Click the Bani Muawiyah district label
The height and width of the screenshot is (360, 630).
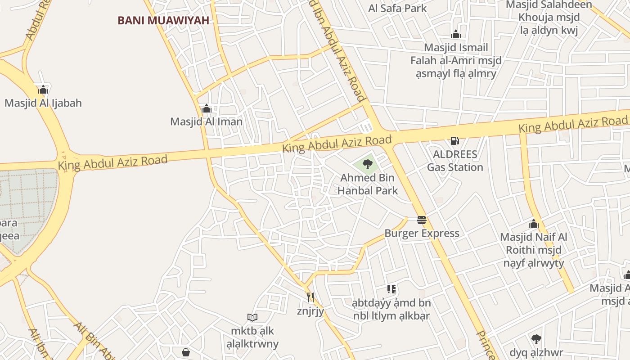coord(163,20)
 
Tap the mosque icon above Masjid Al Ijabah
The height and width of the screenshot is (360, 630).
coord(43,90)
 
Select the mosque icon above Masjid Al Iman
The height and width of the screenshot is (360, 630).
coord(207,108)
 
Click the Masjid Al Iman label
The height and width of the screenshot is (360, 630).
coord(206,121)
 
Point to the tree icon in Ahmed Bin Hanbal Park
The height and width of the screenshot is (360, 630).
coord(368,164)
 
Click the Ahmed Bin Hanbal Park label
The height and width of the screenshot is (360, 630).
coord(368,184)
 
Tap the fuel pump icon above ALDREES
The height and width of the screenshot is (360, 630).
coord(455,141)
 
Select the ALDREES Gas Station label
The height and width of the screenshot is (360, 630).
coord(455,161)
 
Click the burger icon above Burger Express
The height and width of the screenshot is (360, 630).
coord(422,220)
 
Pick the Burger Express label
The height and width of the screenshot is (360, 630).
coord(422,233)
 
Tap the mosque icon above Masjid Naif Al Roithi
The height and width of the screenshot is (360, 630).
coord(534,224)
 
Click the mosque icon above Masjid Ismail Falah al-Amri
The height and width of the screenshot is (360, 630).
coord(456,34)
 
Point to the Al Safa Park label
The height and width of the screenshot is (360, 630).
coord(397,8)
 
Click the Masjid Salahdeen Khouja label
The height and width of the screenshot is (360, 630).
coord(549,18)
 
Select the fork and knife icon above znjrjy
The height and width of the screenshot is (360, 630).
coord(310,297)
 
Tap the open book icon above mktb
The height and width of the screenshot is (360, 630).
coord(252,318)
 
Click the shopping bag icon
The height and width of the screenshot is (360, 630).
coord(186,352)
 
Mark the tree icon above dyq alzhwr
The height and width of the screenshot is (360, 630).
coord(536,339)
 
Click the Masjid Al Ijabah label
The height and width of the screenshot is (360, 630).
coord(43,103)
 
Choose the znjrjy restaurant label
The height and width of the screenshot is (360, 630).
coord(310,311)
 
